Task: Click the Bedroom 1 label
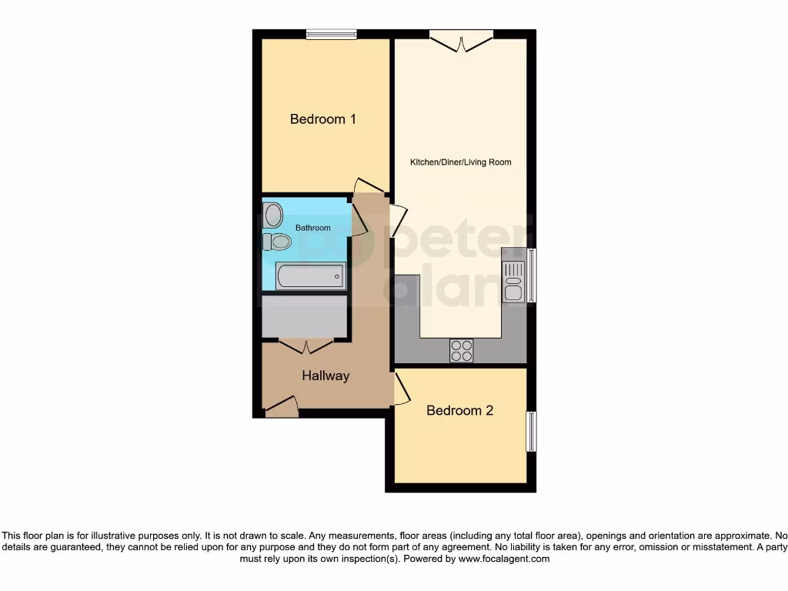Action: tap(322, 119)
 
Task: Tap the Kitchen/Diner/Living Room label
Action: tap(460, 162)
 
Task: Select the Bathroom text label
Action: tap(312, 228)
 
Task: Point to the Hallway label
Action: tap(325, 376)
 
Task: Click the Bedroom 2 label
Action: tap(459, 410)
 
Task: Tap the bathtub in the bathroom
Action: tap(310, 275)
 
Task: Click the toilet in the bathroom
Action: tap(277, 242)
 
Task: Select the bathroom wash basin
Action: tap(273, 215)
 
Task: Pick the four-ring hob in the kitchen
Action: tap(462, 350)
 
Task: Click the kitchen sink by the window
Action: tap(513, 281)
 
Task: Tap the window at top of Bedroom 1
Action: tap(331, 33)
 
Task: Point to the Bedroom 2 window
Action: tap(531, 431)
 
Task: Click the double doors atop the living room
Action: tap(461, 39)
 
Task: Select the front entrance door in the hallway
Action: tap(282, 407)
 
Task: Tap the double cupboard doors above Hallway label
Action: tap(306, 346)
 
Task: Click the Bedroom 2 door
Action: tap(401, 389)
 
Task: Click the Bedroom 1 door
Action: tap(369, 186)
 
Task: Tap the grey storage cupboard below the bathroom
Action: tap(304, 316)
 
